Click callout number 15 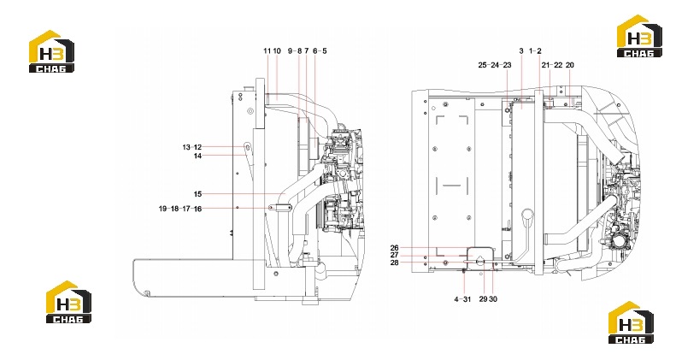[197, 194]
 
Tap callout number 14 [197, 156]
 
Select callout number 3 [521, 50]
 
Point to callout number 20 [569, 65]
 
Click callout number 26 [395, 248]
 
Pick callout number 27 [395, 255]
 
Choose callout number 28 [395, 263]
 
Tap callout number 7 [307, 50]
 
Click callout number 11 [267, 50]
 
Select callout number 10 [277, 50]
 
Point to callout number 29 [484, 298]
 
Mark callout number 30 [493, 298]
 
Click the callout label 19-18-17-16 [180, 209]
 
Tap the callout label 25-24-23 [495, 65]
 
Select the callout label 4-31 [462, 298]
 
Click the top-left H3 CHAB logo [51, 51]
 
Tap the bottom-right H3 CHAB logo [631, 322]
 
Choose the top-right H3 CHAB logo [639, 36]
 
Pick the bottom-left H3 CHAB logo [68, 302]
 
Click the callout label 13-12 [191, 147]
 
